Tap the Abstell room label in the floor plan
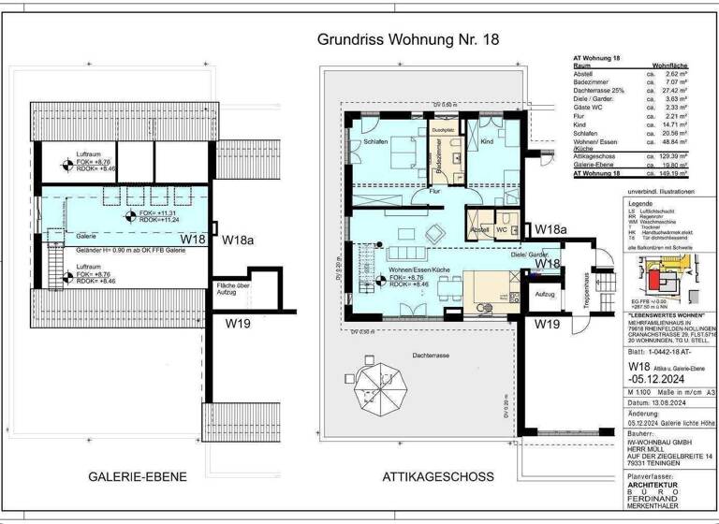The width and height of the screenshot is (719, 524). [479, 228]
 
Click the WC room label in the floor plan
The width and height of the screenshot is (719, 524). [503, 228]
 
